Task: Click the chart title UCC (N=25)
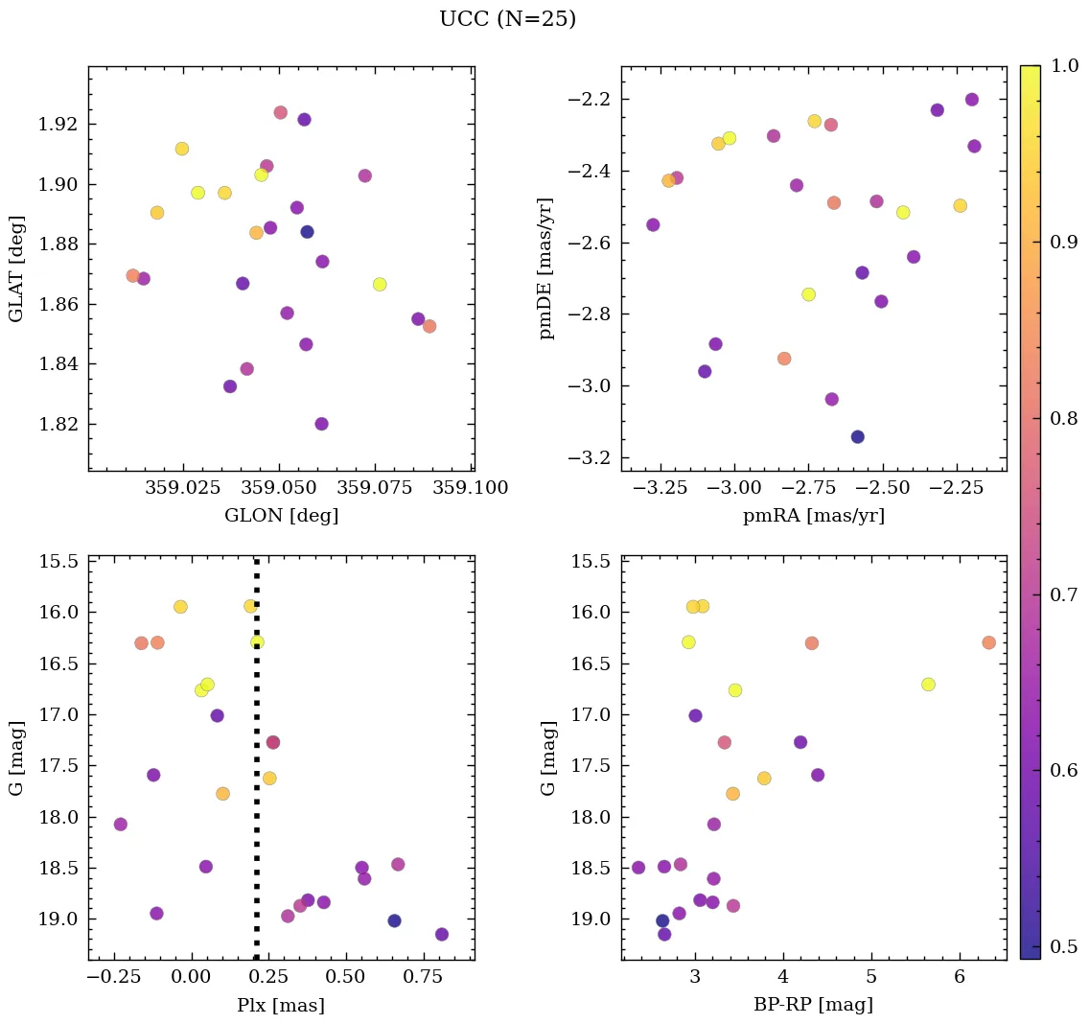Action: tap(507, 19)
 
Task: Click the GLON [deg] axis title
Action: tap(281, 516)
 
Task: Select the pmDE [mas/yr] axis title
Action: tap(547, 268)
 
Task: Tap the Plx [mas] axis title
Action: tap(281, 1005)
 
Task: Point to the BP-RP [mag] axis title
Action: tap(814, 1005)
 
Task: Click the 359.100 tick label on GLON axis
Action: tap(470, 488)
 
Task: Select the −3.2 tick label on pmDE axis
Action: tap(592, 458)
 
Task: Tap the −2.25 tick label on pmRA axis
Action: tap(959, 488)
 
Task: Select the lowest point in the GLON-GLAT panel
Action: tap(321, 424)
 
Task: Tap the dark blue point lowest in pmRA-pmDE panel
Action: tap(857, 436)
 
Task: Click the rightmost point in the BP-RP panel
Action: tap(988, 642)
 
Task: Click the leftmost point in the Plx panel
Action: tap(120, 824)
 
